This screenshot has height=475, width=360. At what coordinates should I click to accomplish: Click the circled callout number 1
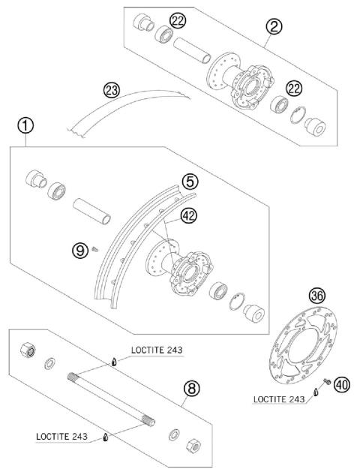coord(26,126)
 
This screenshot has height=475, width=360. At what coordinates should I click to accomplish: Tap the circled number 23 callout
coord(112,92)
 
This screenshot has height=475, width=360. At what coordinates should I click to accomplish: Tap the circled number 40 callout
coord(342,385)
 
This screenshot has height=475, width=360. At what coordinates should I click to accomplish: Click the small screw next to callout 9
coord(96,248)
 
